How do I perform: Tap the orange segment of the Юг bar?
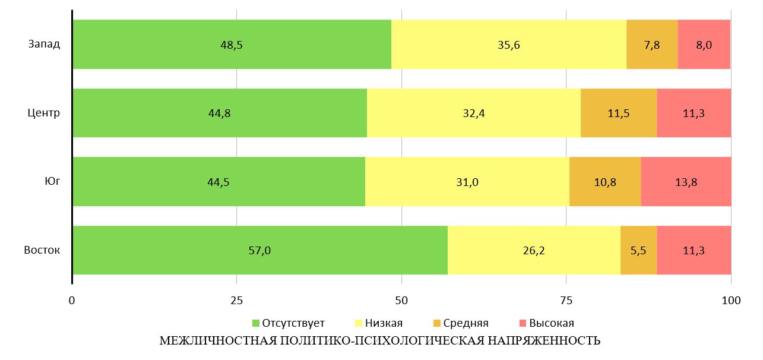[605, 182]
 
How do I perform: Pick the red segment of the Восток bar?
[694, 250]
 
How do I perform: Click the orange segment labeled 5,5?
[638, 250]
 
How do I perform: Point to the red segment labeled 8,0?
[704, 45]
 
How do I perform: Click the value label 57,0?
[259, 251]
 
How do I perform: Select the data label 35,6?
[509, 45]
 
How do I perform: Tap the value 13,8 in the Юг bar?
[686, 182]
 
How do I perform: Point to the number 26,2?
[534, 251]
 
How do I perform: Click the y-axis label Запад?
[44, 45]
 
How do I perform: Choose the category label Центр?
[45, 113]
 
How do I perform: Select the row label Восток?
[42, 250]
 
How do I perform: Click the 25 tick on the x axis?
[236, 301]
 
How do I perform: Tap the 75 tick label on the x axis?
[566, 301]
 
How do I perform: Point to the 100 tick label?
[730, 301]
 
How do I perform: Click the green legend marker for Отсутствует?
[257, 323]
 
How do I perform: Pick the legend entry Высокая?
[551, 323]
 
